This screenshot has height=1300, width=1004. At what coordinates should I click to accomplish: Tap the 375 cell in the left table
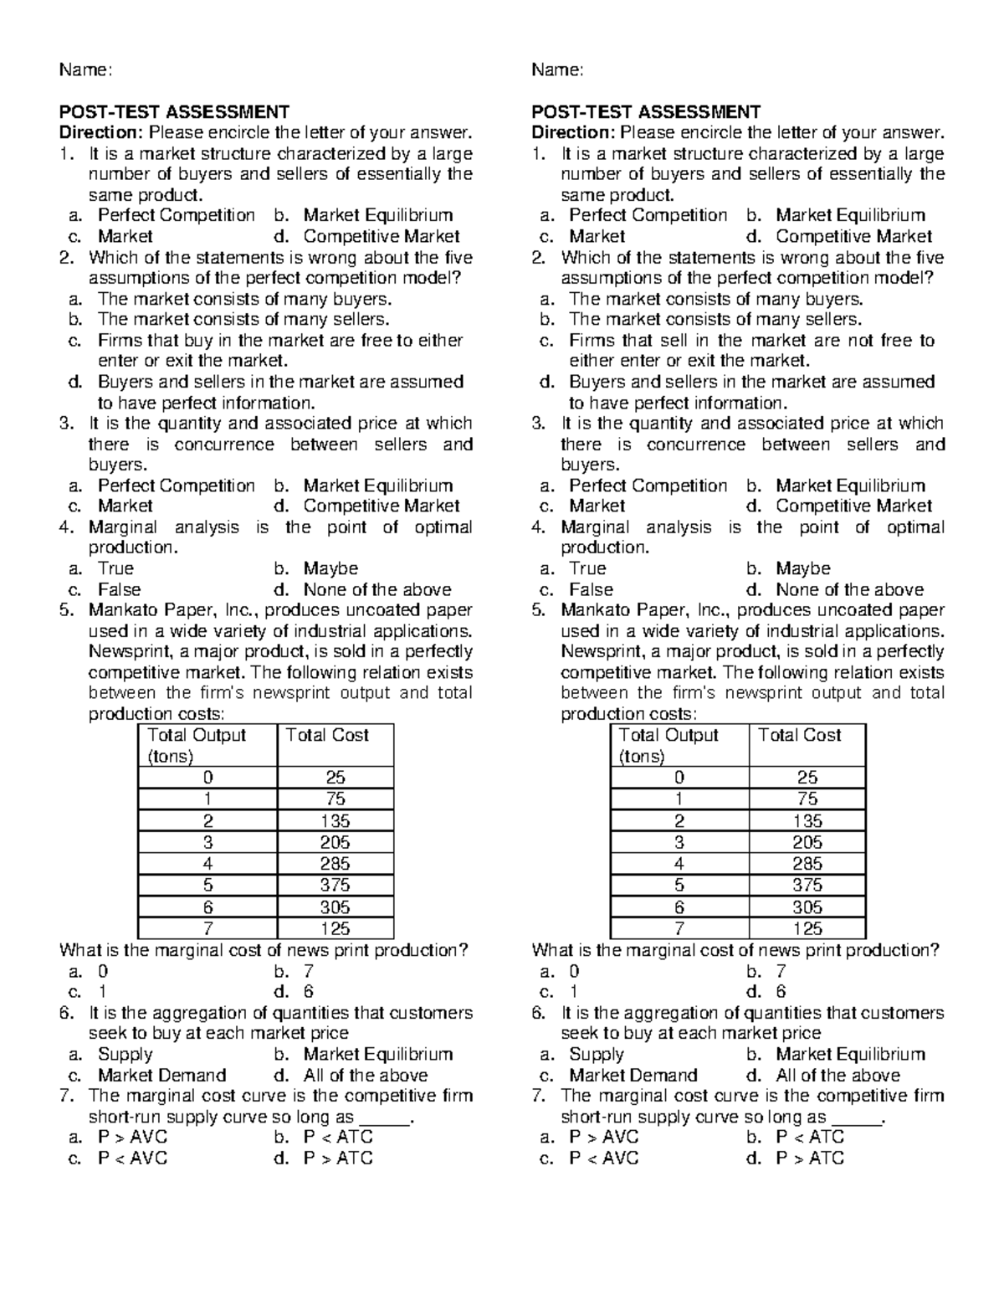click(x=335, y=886)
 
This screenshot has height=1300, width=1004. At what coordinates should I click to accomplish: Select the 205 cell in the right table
click(x=807, y=843)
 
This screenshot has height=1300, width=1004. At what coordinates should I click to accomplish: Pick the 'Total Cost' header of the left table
click(x=327, y=735)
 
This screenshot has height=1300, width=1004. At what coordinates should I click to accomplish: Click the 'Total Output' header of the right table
click(x=668, y=735)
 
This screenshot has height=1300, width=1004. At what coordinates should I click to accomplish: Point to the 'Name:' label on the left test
click(x=85, y=70)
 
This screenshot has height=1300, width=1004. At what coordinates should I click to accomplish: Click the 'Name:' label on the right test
click(x=557, y=70)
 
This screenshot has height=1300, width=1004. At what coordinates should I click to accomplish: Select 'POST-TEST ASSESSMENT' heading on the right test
click(x=646, y=112)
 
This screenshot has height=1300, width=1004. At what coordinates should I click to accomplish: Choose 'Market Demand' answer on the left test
click(x=162, y=1076)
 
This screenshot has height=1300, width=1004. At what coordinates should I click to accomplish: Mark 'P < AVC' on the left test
click(x=133, y=1159)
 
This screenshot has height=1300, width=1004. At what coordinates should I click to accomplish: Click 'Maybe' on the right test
click(x=802, y=568)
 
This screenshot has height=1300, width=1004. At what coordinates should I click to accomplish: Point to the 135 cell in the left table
click(x=335, y=821)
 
